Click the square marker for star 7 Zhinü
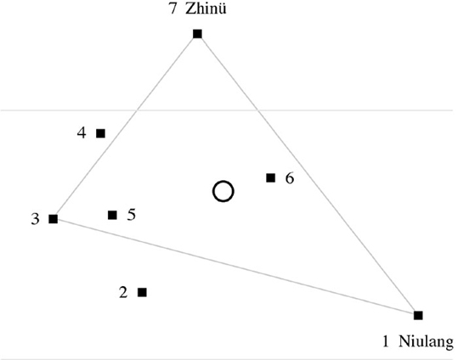[x=197, y=34]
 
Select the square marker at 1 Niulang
[x=418, y=315]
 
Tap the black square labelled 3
[x=54, y=219]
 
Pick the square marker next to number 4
[x=101, y=133]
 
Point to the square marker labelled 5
[x=112, y=215]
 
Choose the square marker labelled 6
[x=271, y=177]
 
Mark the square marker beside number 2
[x=142, y=292]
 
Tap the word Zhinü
[x=206, y=9]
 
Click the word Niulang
[x=427, y=341]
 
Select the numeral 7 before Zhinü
[x=173, y=9]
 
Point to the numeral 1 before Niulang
[x=386, y=341]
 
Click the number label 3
[x=35, y=219]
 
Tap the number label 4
[x=82, y=133]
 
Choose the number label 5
[x=132, y=215]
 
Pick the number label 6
[x=290, y=178]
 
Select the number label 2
[x=123, y=292]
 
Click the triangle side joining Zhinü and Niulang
[x=308, y=175]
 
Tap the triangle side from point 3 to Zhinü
[x=125, y=127]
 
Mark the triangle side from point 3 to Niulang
[x=235, y=267]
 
